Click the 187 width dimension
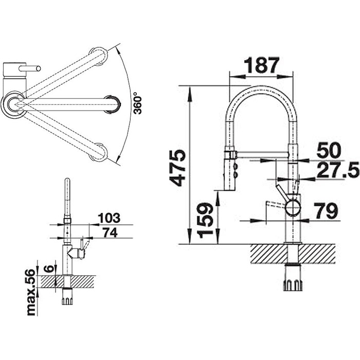tap(261, 65)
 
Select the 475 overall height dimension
tap(177, 168)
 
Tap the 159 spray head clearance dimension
tap(205, 220)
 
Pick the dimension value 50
tap(329, 150)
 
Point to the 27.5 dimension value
tap(338, 170)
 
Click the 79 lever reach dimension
tap(326, 211)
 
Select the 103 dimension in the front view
tap(109, 218)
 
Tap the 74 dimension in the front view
tap(110, 232)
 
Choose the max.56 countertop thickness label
tap(31, 292)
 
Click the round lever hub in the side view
tap(293, 207)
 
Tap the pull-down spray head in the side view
tap(229, 171)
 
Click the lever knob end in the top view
tap(39, 68)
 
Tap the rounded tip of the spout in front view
tap(67, 180)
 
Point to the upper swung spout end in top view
tap(98, 56)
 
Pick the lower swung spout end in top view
tap(98, 152)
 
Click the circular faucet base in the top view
tap(14, 104)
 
